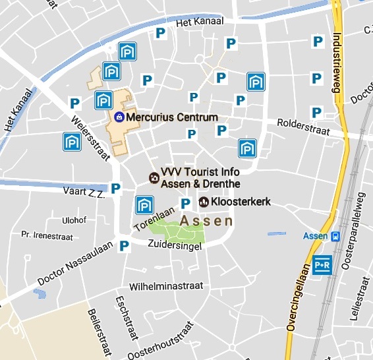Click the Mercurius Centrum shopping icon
tap(119, 117)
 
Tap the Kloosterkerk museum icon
tap(204, 201)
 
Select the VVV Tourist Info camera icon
tap(154, 177)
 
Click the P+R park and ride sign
tap(323, 264)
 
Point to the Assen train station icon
tap(336, 237)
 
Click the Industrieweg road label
tap(339, 63)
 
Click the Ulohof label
tap(73, 220)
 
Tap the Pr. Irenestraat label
tap(45, 234)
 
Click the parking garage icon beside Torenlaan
tap(144, 205)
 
